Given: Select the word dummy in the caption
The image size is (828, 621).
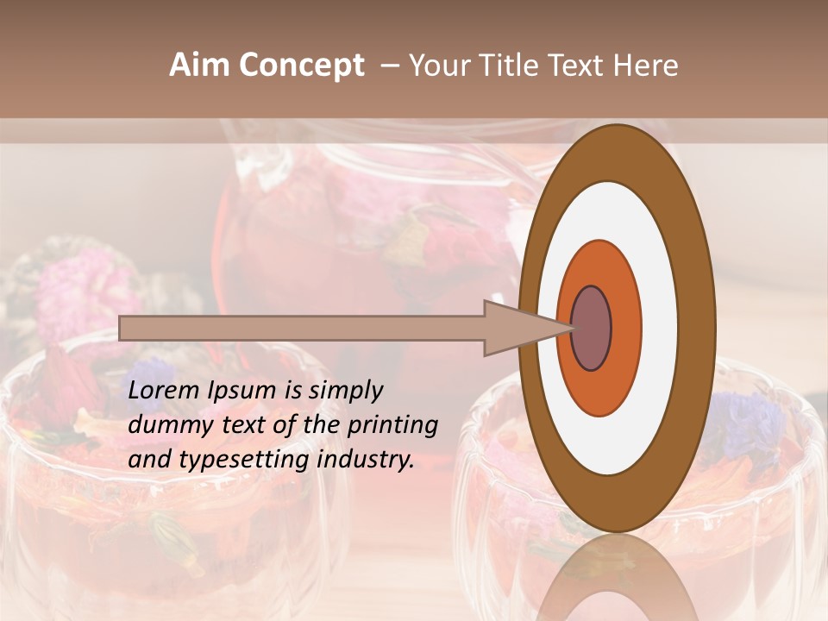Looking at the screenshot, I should coord(163,425).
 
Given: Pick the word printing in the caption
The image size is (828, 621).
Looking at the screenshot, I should coord(392,426).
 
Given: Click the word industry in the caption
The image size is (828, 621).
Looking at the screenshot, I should coord(366,460).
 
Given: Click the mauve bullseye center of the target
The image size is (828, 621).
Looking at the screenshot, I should coord(592,328).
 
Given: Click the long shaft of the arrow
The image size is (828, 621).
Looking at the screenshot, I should coord(302,328).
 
